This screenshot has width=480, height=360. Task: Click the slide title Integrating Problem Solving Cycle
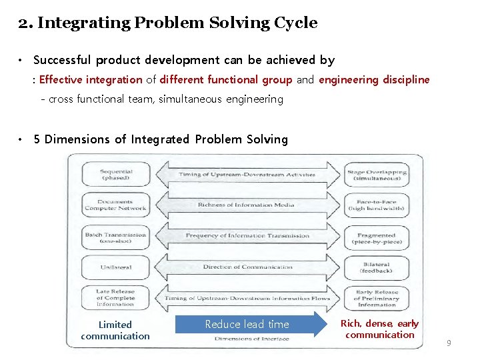click(168, 23)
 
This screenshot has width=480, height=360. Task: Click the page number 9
click(449, 343)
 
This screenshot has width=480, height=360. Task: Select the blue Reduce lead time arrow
click(247, 325)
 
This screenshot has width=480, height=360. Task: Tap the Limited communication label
click(115, 330)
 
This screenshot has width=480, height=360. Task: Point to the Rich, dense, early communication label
click(379, 329)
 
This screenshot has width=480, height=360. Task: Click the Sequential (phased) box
click(116, 175)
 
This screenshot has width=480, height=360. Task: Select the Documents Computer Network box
click(116, 205)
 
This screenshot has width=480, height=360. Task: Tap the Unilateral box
click(116, 267)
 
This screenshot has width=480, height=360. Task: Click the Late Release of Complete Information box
click(116, 297)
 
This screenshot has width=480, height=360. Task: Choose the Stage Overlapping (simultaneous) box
click(377, 175)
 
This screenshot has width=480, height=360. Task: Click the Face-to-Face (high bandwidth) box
click(377, 205)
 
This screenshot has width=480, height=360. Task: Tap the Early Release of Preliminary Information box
click(377, 298)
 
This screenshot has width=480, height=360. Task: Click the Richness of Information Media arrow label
click(246, 205)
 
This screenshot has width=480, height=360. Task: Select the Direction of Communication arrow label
click(247, 267)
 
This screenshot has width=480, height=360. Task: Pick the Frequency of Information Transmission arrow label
click(247, 235)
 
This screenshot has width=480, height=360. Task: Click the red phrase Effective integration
click(91, 80)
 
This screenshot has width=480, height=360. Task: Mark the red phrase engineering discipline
click(374, 80)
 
